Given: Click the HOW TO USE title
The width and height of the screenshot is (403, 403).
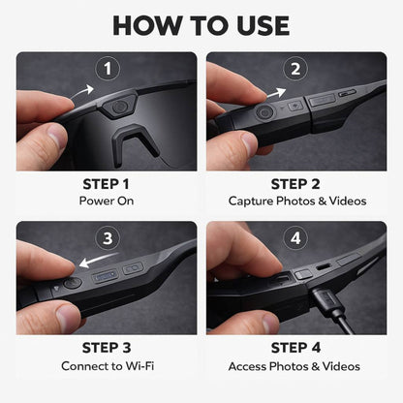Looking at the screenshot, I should click(201, 23).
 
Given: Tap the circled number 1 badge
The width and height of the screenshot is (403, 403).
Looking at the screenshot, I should click(108, 69).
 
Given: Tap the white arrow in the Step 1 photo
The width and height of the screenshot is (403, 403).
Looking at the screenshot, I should click(87, 91).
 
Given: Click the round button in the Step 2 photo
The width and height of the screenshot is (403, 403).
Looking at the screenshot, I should click(263, 111).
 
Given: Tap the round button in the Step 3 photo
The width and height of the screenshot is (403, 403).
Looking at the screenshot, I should click(74, 283).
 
